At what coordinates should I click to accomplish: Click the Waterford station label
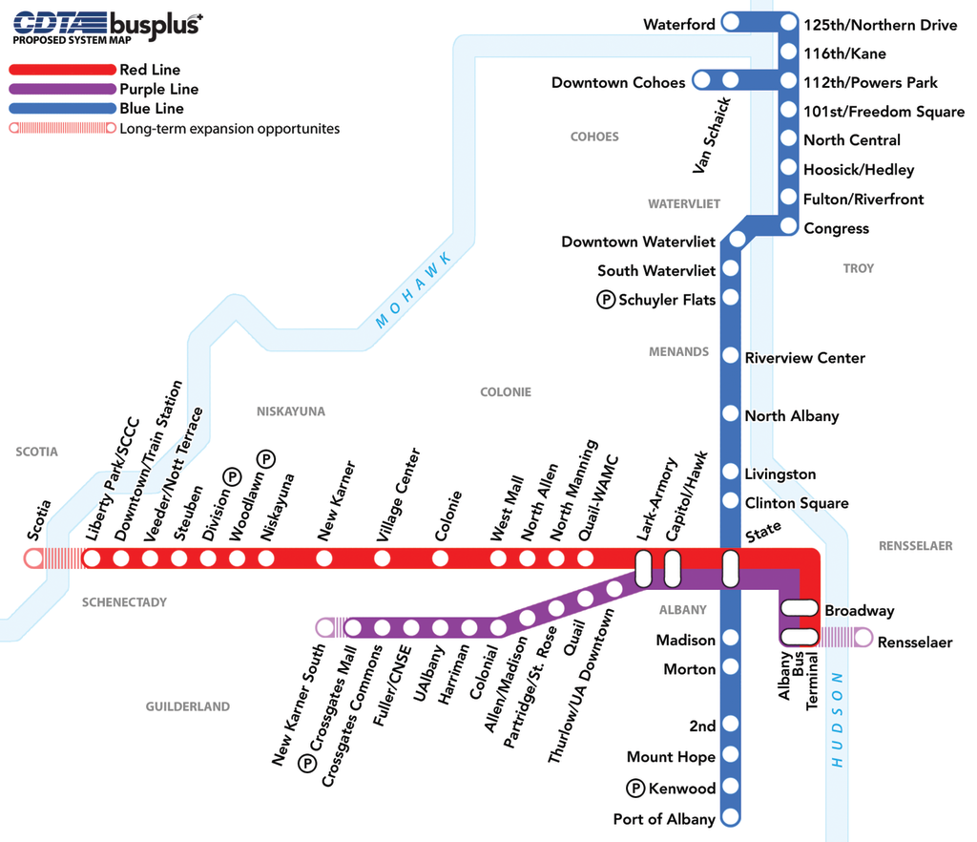(x=679, y=25)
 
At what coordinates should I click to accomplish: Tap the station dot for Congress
(x=788, y=226)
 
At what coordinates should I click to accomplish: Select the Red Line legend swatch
(x=61, y=70)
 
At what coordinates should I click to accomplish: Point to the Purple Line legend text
(x=159, y=90)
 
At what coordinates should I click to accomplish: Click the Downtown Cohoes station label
(x=618, y=83)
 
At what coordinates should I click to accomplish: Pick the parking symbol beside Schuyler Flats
(x=606, y=300)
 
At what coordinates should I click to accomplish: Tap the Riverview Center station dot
(x=731, y=357)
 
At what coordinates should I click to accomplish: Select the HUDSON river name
(x=838, y=720)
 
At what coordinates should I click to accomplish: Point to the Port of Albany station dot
(x=731, y=816)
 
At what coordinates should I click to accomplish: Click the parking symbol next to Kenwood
(x=635, y=788)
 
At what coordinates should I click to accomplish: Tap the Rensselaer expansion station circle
(x=863, y=637)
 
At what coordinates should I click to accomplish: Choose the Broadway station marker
(x=800, y=607)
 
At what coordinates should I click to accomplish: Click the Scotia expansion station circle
(x=33, y=558)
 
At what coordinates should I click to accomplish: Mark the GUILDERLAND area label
(x=188, y=706)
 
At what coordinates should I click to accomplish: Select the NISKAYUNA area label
(x=291, y=411)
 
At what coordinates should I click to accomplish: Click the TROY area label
(x=858, y=268)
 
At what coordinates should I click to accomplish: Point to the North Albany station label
(x=792, y=416)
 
